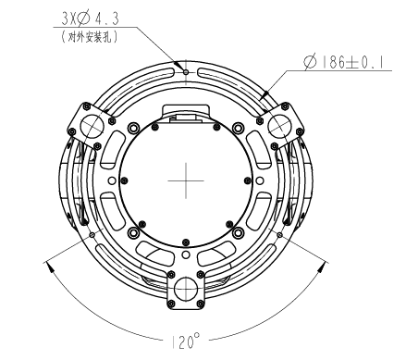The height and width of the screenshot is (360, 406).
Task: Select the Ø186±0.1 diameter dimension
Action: click(x=343, y=64)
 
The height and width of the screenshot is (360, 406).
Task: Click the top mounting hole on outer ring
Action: click(x=187, y=70)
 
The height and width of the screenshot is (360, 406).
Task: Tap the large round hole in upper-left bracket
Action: click(x=92, y=123)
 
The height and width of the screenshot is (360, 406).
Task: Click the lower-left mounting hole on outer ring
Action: click(x=95, y=234)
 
